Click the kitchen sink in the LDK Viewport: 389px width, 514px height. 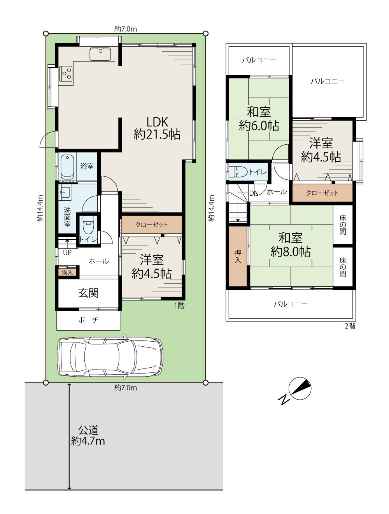(x=100, y=54)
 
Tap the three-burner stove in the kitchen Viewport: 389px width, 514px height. (x=66, y=74)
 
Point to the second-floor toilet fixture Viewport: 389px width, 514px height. (x=238, y=172)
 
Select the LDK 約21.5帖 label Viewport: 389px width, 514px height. (x=157, y=128)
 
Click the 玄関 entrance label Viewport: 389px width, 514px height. (x=88, y=293)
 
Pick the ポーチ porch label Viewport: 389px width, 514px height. (x=88, y=320)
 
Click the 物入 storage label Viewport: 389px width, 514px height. (x=67, y=272)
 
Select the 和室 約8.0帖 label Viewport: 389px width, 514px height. (x=291, y=245)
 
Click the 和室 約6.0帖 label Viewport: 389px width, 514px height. (x=259, y=119)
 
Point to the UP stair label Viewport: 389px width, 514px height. (x=67, y=253)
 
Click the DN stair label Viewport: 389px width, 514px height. (x=254, y=193)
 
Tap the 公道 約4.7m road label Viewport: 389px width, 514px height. (x=88, y=436)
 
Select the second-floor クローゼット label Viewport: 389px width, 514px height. (x=322, y=193)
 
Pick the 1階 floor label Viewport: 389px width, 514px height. (x=179, y=305)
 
